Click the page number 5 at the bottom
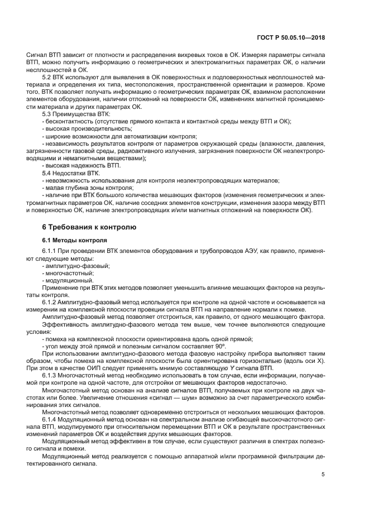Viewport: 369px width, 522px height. point(323,474)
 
